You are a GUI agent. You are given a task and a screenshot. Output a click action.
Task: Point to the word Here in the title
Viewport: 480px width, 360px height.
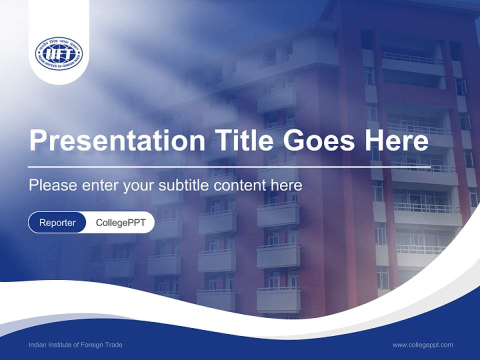click(396, 140)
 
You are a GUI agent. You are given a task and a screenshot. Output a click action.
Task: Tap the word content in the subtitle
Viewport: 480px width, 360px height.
click(239, 185)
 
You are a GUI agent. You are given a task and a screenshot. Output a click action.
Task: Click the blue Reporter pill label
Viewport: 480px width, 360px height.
click(57, 222)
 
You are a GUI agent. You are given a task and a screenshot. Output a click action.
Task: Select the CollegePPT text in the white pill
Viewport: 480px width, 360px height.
click(120, 222)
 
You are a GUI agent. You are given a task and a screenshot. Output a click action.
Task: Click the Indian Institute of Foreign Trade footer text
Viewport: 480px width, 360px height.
click(75, 345)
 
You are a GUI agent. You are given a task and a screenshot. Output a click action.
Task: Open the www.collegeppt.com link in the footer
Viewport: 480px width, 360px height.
click(422, 345)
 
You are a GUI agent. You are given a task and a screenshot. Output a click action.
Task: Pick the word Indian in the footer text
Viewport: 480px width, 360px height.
click(37, 345)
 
